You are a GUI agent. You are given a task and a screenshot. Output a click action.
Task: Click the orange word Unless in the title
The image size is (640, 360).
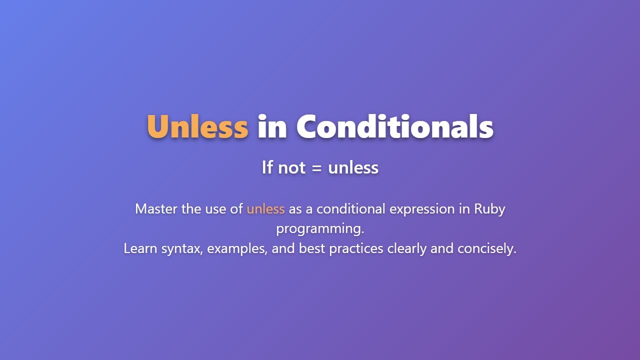[x=197, y=126]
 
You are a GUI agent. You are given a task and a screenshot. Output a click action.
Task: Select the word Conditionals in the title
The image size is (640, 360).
[x=394, y=126]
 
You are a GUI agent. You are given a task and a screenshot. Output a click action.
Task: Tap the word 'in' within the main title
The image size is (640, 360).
[x=272, y=126]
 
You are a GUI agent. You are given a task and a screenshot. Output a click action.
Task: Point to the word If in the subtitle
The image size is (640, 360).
[x=267, y=167]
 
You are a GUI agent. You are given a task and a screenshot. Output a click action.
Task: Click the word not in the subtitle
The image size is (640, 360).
[x=291, y=167]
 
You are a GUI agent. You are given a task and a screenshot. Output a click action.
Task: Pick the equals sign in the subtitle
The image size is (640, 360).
[x=316, y=168]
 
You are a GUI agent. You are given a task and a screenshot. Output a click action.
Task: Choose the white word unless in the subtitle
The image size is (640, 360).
[x=353, y=167]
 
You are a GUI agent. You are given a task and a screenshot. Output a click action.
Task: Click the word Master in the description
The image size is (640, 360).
[x=156, y=208]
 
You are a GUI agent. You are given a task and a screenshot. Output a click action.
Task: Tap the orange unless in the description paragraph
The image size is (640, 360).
[x=265, y=208]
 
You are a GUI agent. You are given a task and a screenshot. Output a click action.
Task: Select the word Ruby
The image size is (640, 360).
[x=489, y=208]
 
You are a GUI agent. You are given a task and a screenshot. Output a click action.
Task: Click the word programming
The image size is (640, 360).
[x=320, y=229]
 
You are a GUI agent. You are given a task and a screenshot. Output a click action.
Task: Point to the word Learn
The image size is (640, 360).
[x=140, y=248]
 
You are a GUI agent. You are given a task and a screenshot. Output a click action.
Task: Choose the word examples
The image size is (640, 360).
[x=237, y=248]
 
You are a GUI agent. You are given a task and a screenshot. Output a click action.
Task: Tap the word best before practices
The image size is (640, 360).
[x=312, y=248]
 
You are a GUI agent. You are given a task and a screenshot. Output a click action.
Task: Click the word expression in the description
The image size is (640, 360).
[x=422, y=208]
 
